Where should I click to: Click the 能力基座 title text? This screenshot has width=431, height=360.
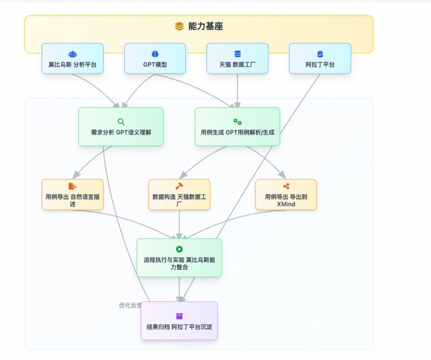[x=206, y=27]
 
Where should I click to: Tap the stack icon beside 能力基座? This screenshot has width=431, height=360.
[x=179, y=27]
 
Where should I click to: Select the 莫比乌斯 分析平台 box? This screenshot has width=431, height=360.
[x=73, y=59]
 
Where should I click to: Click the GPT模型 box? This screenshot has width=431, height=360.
[x=155, y=59]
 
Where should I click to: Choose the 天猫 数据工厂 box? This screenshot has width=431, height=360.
[x=237, y=59]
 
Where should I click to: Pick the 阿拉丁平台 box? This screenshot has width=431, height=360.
[x=320, y=59]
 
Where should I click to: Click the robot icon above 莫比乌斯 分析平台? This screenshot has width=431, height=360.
[x=73, y=54]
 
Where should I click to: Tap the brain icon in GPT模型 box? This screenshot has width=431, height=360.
[x=155, y=54]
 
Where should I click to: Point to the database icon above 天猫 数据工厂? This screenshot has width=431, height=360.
[x=237, y=54]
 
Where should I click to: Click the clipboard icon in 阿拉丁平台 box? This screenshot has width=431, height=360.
[x=320, y=54]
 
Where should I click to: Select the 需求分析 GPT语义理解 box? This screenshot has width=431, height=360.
[x=121, y=127]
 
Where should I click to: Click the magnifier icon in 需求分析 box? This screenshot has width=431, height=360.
[x=121, y=122]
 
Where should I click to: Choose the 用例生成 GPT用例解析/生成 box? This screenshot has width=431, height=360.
[x=237, y=127]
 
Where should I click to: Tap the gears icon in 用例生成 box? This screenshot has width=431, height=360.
[x=237, y=122]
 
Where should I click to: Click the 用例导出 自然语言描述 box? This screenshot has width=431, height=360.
[x=73, y=194]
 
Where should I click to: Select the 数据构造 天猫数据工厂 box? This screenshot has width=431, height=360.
[x=179, y=194]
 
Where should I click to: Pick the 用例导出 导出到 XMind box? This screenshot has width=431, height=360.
[x=286, y=194]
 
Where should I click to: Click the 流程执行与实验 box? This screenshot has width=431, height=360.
[x=179, y=258]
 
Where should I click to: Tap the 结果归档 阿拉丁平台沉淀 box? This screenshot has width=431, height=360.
[x=179, y=321]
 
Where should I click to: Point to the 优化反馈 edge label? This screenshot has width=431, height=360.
[x=130, y=305]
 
